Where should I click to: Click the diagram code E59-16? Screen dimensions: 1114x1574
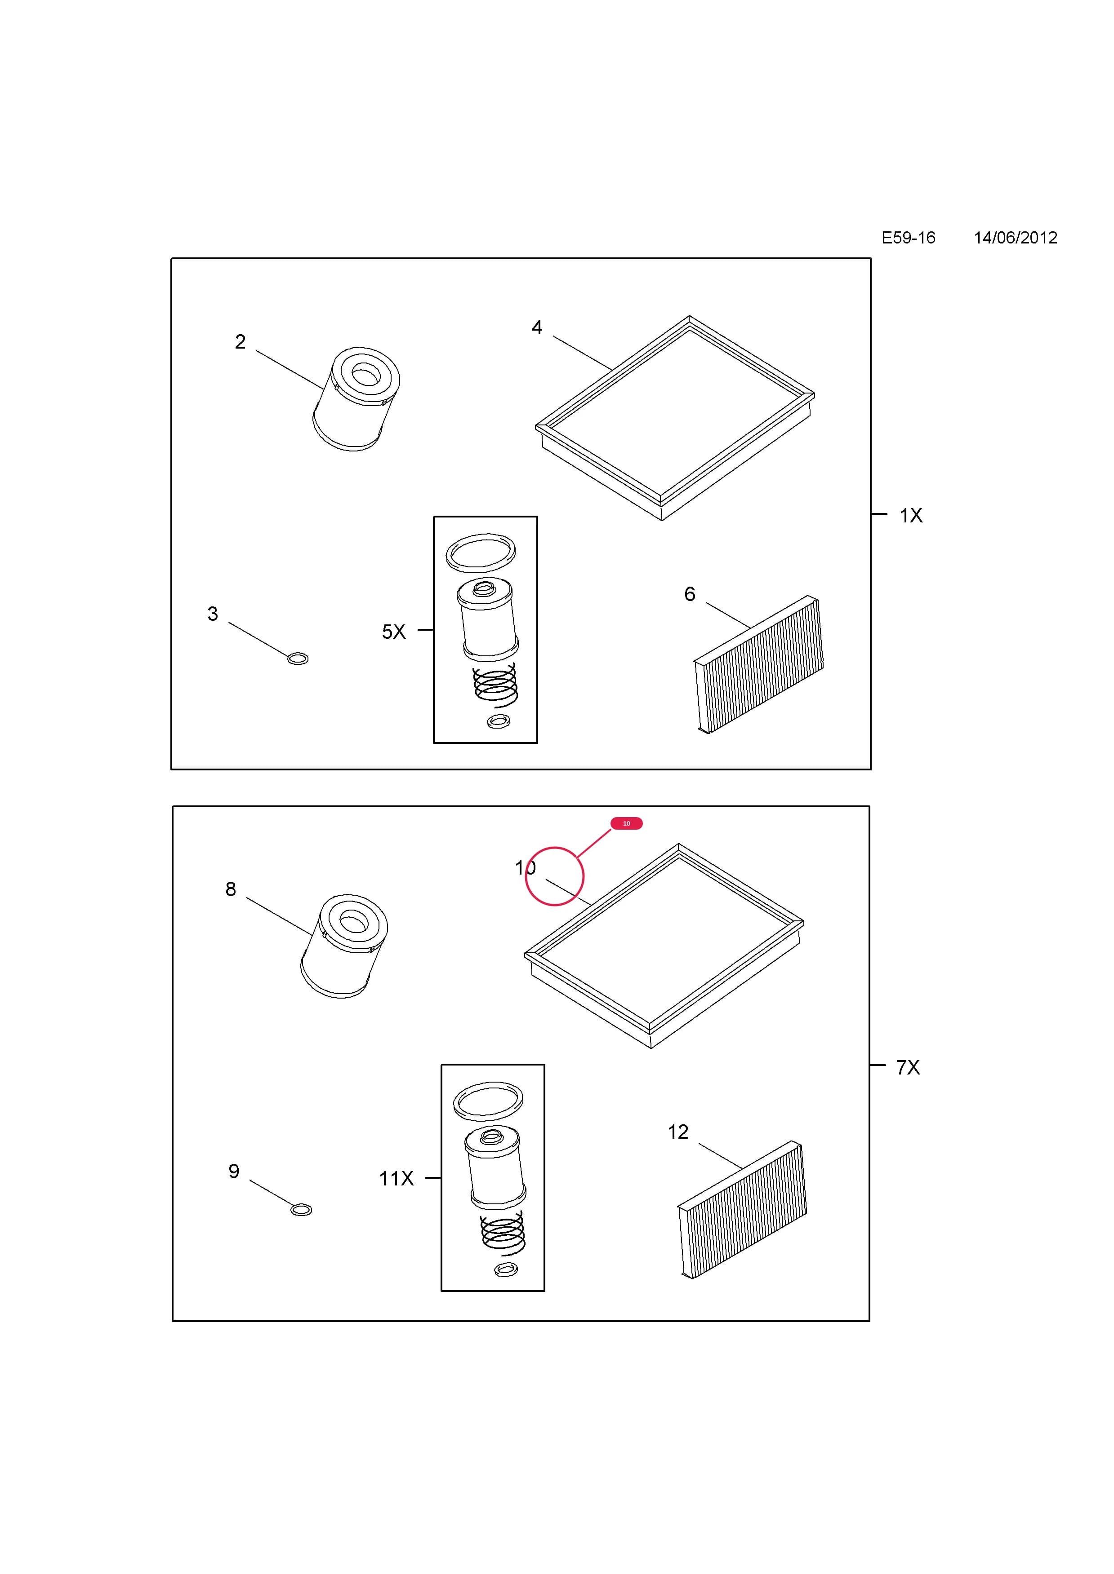tap(908, 238)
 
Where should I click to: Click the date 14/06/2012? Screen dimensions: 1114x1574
tap(1015, 238)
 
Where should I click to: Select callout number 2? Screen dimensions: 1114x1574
tap(240, 341)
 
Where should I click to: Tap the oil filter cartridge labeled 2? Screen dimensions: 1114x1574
tap(356, 399)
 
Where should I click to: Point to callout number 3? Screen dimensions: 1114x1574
tap(213, 614)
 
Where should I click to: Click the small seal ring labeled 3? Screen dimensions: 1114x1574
tap(298, 659)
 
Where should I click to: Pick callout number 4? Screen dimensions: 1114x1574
tap(537, 327)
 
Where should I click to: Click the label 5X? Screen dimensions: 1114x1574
tap(394, 632)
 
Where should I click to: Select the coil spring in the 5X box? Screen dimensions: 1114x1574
tap(495, 685)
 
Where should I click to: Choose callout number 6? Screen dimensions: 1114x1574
tap(690, 594)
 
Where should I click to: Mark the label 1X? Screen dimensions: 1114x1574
tap(911, 516)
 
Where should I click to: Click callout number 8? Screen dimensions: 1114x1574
tap(231, 889)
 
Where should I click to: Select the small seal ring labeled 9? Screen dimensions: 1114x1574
tap(301, 1210)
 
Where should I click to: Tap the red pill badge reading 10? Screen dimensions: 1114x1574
tap(626, 823)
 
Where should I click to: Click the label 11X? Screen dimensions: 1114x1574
tap(397, 1178)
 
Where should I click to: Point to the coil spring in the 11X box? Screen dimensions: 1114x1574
tap(503, 1234)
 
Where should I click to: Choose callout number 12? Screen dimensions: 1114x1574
tap(678, 1132)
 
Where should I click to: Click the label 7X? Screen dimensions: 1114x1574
tap(908, 1067)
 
